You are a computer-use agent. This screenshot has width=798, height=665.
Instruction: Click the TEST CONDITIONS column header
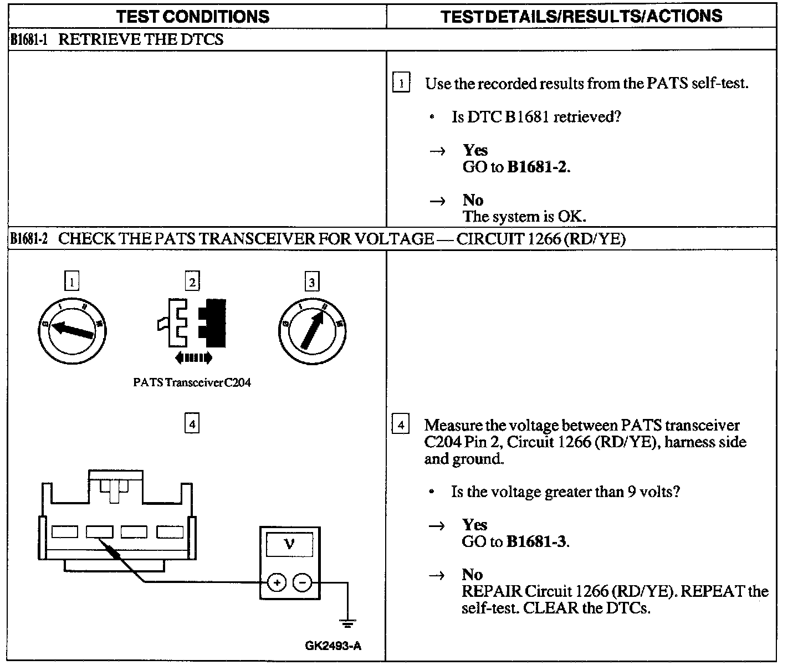click(193, 16)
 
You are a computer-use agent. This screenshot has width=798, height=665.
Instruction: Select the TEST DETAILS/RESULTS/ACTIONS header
click(582, 16)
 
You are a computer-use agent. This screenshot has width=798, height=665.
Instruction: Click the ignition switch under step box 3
click(312, 331)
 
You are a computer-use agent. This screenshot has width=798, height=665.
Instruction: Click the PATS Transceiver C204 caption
click(192, 382)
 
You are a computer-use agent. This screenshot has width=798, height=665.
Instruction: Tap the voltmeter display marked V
click(289, 545)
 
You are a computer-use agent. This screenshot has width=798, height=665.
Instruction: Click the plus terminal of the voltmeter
click(277, 582)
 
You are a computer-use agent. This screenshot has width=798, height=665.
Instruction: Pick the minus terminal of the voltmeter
click(303, 582)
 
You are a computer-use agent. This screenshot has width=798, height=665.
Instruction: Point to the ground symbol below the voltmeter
click(347, 623)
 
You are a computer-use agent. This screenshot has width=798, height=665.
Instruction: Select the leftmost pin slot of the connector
click(65, 532)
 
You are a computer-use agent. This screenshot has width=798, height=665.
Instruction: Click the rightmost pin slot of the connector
click(170, 532)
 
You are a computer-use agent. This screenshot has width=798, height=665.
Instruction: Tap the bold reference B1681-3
click(536, 541)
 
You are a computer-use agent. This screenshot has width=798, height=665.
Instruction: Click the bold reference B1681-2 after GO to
click(537, 167)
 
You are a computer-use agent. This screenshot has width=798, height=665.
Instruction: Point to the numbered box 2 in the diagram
click(192, 282)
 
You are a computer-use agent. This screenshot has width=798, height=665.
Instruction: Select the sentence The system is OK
click(524, 216)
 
